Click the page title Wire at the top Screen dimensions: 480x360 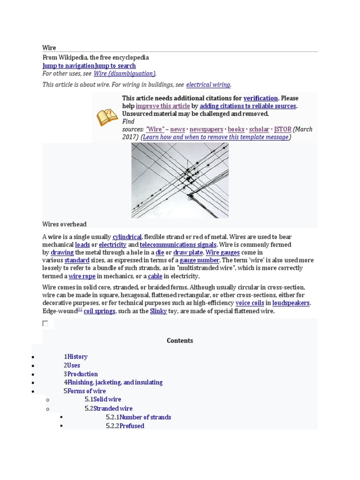(49, 48)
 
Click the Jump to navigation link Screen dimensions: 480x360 (68, 66)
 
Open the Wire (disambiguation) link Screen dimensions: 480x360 (124, 74)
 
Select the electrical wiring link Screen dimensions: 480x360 (208, 85)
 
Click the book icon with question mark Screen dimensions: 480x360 (107, 117)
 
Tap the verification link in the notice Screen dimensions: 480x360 (261, 98)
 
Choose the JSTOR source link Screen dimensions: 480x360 (283, 129)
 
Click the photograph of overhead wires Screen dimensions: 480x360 (180, 180)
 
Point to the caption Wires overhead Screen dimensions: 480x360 (64, 225)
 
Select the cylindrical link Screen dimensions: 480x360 (127, 237)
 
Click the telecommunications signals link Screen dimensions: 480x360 (178, 245)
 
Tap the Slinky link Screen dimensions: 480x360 (158, 311)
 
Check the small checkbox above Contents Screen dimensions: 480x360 (45, 323)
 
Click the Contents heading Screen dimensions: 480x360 (180, 341)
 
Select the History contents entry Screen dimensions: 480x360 (77, 357)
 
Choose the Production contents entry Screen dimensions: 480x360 (82, 374)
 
